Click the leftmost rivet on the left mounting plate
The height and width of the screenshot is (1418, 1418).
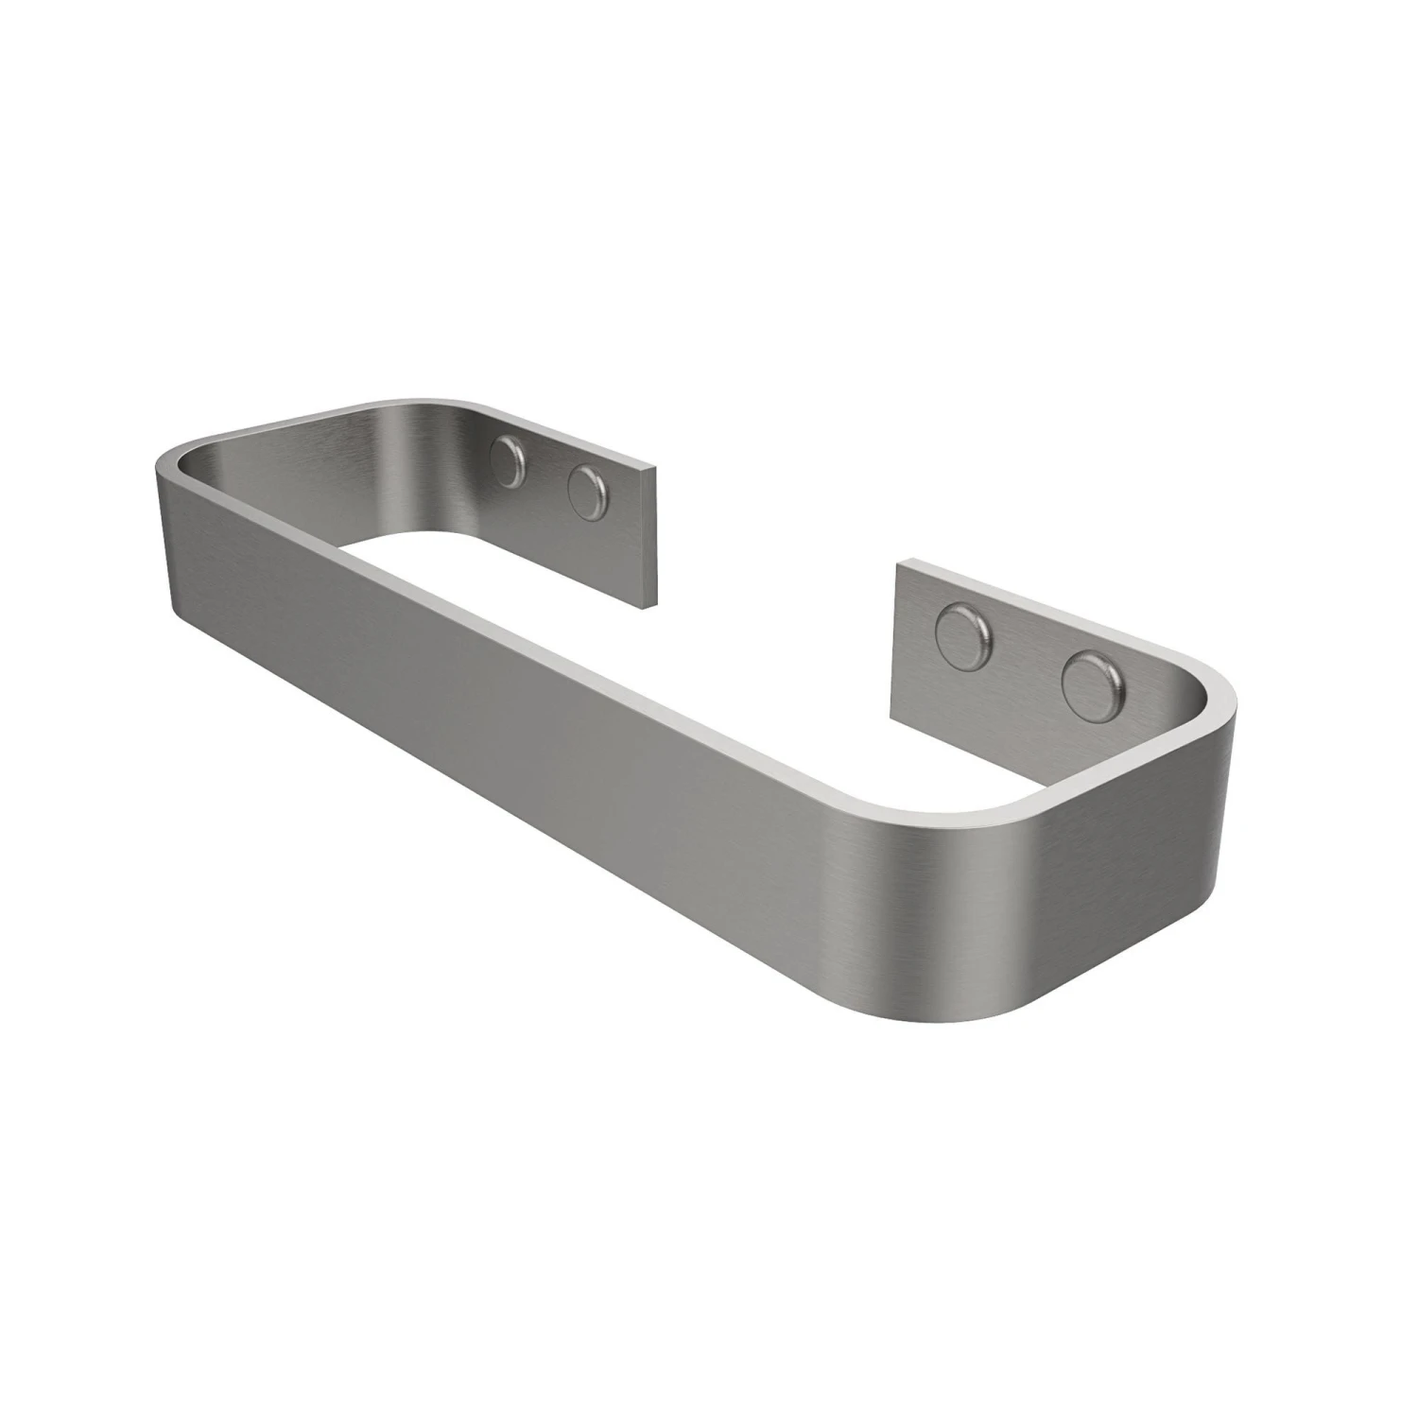pyautogui.click(x=511, y=463)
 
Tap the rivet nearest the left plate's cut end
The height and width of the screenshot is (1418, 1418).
pyautogui.click(x=587, y=492)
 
